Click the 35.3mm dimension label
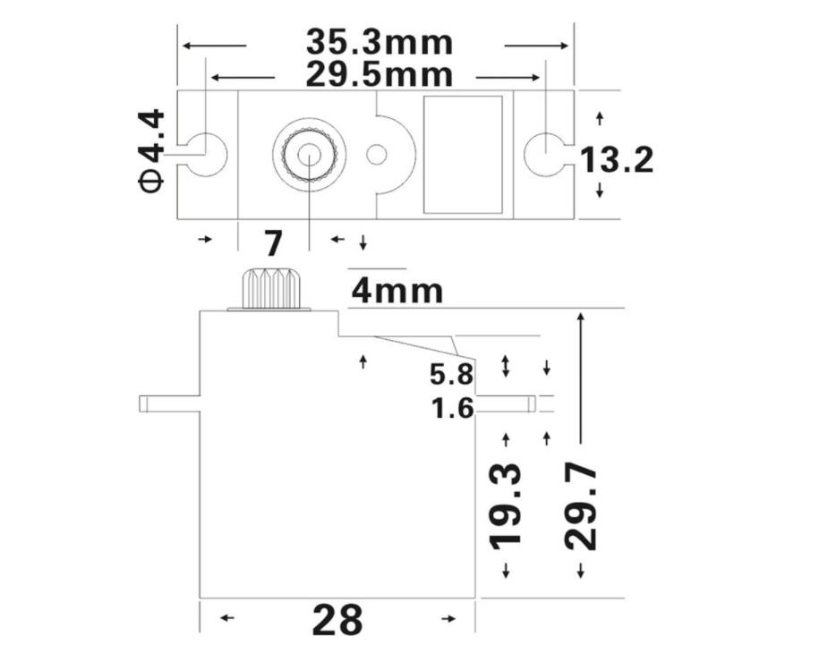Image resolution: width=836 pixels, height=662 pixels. (379, 42)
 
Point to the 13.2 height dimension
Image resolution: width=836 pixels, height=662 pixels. (617, 160)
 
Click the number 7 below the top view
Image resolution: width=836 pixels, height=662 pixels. (273, 243)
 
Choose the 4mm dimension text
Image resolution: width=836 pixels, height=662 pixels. (397, 291)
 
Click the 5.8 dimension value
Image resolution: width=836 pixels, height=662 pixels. (452, 374)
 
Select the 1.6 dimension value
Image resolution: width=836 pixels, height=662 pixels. (452, 409)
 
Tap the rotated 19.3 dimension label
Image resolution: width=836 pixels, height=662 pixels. (507, 505)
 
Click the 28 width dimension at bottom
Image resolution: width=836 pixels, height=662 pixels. (337, 620)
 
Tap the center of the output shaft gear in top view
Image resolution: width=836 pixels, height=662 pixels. (309, 154)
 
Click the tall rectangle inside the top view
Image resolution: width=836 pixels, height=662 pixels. (462, 154)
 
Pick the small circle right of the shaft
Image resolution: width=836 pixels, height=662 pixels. (377, 154)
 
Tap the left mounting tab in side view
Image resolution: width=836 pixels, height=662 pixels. (168, 403)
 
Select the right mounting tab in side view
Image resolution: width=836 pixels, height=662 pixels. (506, 404)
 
